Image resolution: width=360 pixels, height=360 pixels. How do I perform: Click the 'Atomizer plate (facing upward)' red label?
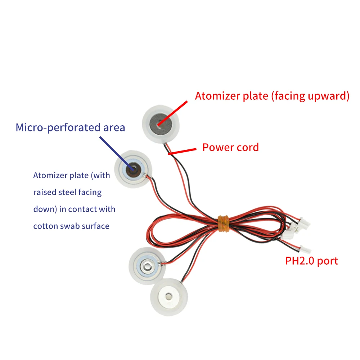(x=272, y=96)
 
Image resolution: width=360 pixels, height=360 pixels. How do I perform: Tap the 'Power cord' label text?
(x=230, y=147)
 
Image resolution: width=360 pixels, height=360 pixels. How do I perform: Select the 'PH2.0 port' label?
(x=311, y=261)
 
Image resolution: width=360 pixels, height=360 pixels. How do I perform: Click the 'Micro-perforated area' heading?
(x=70, y=127)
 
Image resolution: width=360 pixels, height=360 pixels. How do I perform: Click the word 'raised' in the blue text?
(x=45, y=192)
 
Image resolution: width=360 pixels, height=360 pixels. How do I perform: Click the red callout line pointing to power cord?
(x=184, y=151)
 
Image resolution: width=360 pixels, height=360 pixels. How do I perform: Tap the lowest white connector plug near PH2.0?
(x=306, y=248)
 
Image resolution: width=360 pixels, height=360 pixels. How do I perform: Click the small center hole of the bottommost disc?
(x=169, y=297)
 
